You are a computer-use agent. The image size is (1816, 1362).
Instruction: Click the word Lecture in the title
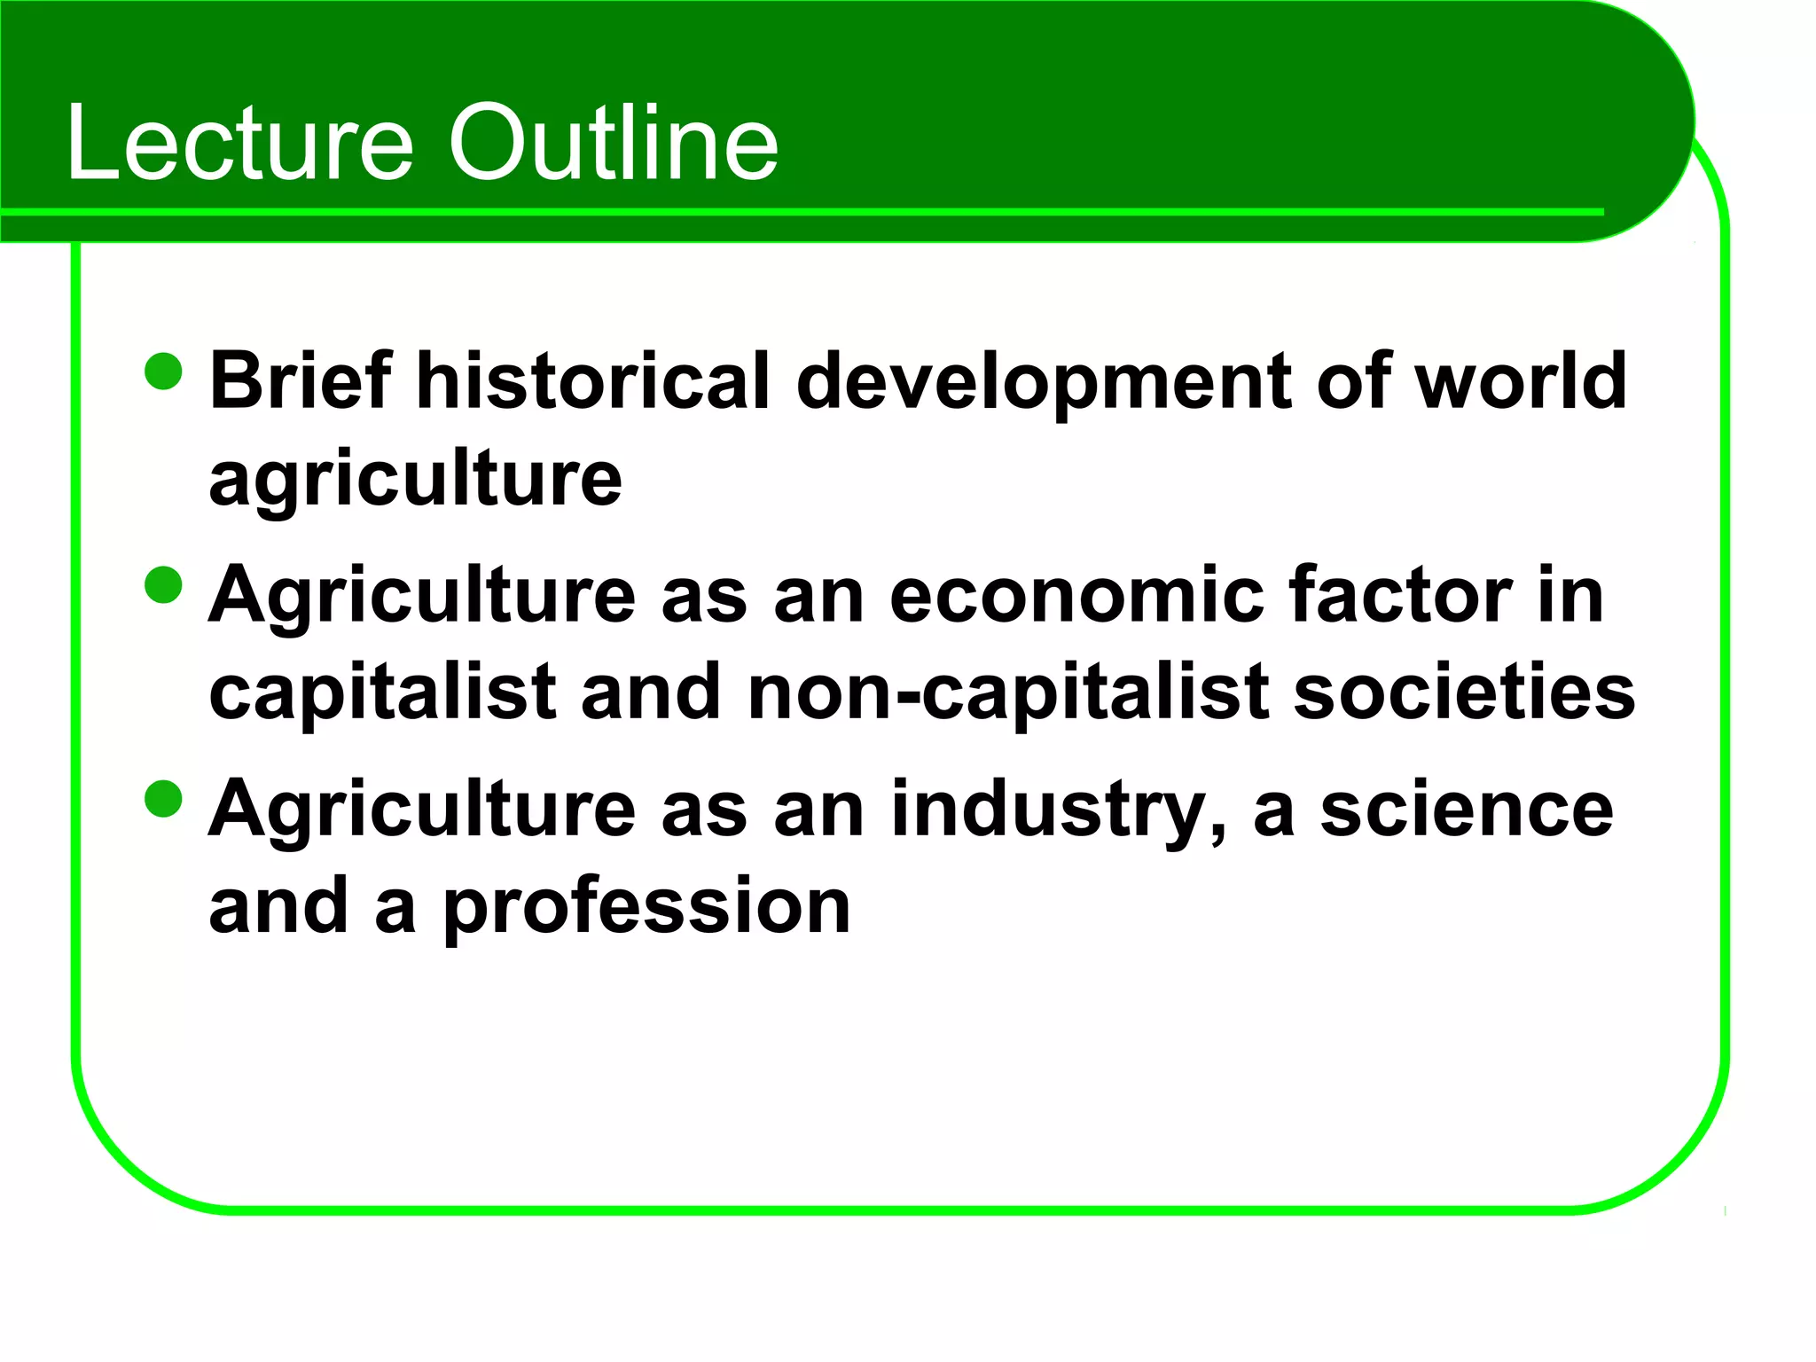(x=240, y=142)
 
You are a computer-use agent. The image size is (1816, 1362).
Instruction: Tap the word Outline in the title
(x=613, y=142)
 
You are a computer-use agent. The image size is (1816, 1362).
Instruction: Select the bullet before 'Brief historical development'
(x=163, y=372)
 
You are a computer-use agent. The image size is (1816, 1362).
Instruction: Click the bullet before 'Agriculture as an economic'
(x=163, y=585)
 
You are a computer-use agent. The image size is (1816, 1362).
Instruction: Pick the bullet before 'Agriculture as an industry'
(x=163, y=798)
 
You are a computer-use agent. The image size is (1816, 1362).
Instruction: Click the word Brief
(x=301, y=380)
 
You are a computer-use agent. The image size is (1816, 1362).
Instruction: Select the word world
(x=1521, y=380)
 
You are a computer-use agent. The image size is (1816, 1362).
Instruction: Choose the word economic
(x=1076, y=595)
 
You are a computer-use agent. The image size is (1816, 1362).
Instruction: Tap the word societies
(x=1464, y=693)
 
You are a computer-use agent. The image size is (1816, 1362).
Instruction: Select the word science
(x=1468, y=809)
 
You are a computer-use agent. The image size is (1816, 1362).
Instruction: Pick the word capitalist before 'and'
(x=382, y=693)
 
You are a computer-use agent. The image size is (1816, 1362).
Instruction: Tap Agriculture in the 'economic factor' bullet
(x=422, y=597)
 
